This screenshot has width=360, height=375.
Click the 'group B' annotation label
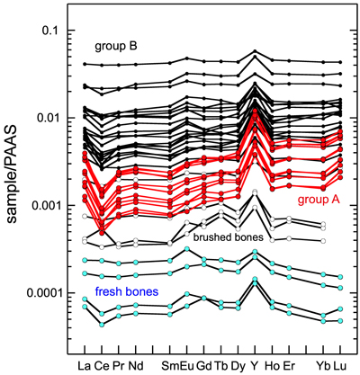pos(116,47)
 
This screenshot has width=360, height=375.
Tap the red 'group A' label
pos(319,200)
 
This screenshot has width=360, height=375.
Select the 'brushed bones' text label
pos(228,237)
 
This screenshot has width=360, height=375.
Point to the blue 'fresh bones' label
pos(127,291)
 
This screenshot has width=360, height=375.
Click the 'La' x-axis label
pos(85,366)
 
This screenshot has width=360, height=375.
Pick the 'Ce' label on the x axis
pos(102,366)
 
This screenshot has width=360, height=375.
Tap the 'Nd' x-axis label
pos(136,366)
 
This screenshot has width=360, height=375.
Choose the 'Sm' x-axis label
pos(170,366)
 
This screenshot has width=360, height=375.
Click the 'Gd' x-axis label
pos(204,366)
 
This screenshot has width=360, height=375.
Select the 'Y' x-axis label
pos(255,366)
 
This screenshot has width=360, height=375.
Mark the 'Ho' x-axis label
pos(272,366)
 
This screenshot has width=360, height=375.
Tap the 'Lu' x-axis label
pos(340,366)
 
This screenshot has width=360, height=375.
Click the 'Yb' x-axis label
pos(323,366)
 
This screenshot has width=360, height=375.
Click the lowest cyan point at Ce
pos(102,325)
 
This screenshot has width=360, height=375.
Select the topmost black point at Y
pos(255,51)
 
